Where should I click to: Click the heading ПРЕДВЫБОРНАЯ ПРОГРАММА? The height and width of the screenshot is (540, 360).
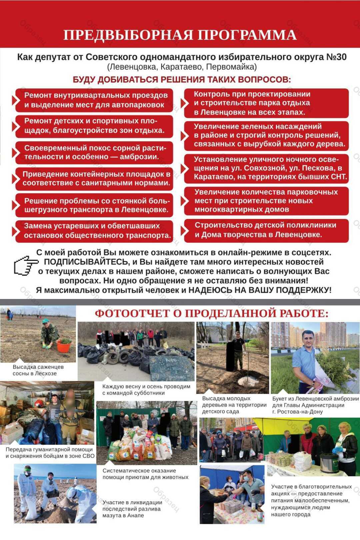pyautogui.click(x=180, y=35)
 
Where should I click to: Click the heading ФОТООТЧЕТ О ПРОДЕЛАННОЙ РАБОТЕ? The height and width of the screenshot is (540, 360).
pyautogui.click(x=211, y=313)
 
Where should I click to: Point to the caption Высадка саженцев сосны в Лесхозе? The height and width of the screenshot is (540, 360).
pyautogui.click(x=38, y=370)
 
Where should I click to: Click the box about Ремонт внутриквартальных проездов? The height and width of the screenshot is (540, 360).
pyautogui.click(x=94, y=100)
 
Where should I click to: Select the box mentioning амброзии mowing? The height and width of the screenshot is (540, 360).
pyautogui.click(x=94, y=152)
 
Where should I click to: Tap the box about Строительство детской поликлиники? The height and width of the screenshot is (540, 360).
pyautogui.click(x=266, y=230)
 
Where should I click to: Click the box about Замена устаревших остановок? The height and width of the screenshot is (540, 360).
pyautogui.click(x=94, y=231)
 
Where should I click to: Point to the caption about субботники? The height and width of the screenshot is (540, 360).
pyautogui.click(x=146, y=390)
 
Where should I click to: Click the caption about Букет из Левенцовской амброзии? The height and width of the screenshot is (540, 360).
pyautogui.click(x=315, y=405)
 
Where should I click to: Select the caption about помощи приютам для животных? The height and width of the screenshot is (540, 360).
pyautogui.click(x=145, y=474)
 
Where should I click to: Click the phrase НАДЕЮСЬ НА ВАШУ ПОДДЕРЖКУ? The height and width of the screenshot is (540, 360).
pyautogui.click(x=260, y=290)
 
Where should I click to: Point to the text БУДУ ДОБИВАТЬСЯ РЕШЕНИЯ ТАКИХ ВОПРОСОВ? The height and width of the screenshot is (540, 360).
pyautogui.click(x=182, y=80)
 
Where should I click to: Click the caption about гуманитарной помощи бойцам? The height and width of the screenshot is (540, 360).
pyautogui.click(x=50, y=453)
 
